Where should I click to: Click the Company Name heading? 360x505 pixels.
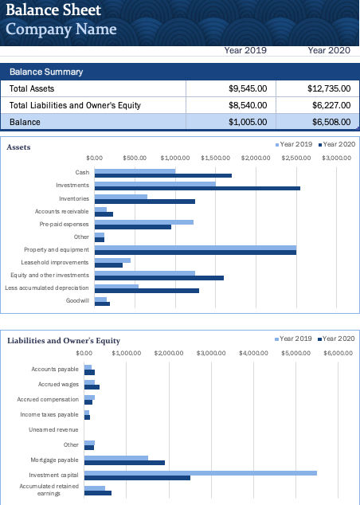(x=61, y=30)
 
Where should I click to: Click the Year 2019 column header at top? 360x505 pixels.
(x=245, y=50)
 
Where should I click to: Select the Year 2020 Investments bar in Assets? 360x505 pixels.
(x=197, y=189)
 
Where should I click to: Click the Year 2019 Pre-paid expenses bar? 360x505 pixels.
(x=143, y=222)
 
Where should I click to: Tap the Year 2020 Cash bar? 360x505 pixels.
(x=162, y=176)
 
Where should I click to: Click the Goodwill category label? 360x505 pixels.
(x=77, y=300)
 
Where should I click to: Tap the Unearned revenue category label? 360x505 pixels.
(x=53, y=429)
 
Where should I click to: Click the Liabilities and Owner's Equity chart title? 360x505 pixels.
(x=64, y=341)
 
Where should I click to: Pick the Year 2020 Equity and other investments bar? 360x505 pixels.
(x=158, y=278)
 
